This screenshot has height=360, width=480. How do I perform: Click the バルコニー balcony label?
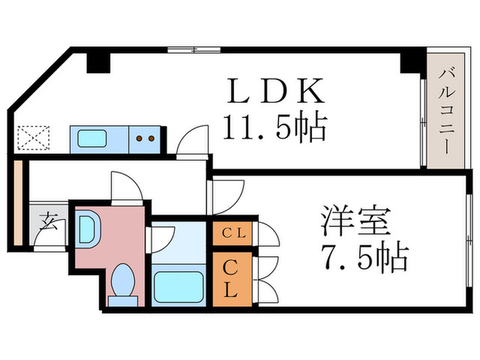pyautogui.click(x=444, y=109)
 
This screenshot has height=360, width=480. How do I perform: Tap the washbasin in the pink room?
pyautogui.click(x=88, y=229)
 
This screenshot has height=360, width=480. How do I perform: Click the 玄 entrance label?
pyautogui.click(x=48, y=223)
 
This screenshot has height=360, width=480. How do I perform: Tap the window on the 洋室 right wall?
pyautogui.click(x=470, y=233)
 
